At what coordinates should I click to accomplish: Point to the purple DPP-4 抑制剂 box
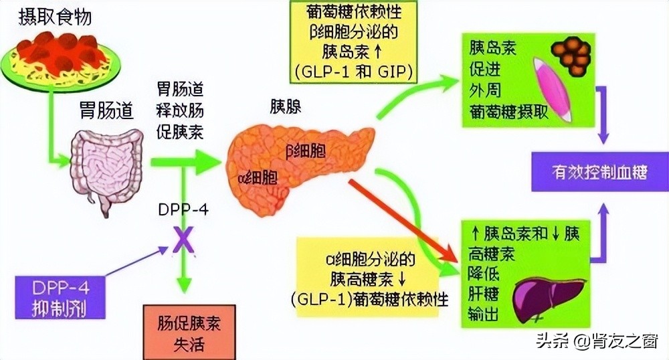click(x=62, y=298)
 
